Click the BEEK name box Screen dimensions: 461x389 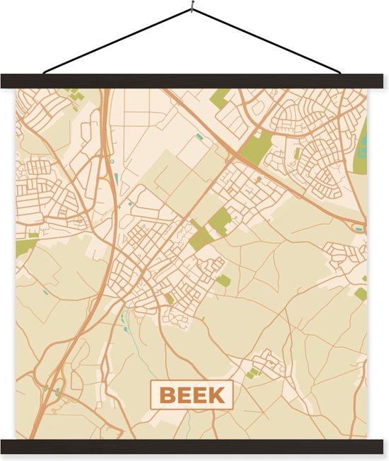pos(191,395)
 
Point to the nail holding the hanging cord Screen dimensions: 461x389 pos(191,9)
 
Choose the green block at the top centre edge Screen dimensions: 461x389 pos(220,98)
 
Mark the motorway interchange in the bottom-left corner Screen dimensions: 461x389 pos(53,388)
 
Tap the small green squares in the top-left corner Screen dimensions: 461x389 pos(75,95)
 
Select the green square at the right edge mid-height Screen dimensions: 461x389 pos(361,293)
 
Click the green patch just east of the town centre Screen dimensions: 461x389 pos(223,281)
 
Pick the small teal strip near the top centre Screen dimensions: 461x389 pos(199,136)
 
